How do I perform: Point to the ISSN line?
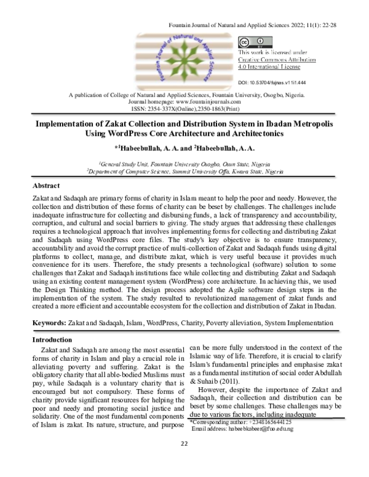pyautogui.click(x=184, y=109)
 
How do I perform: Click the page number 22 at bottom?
pyautogui.click(x=184, y=461)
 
